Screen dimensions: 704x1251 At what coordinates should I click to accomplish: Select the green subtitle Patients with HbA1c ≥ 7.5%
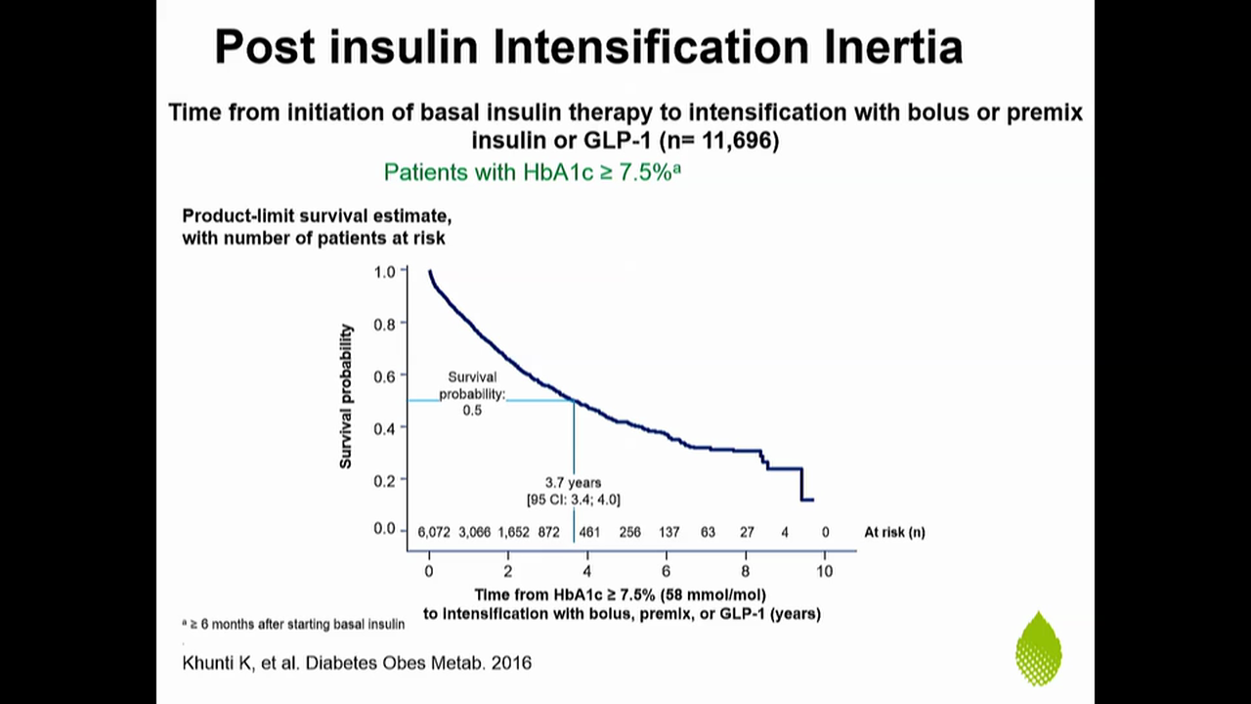click(532, 172)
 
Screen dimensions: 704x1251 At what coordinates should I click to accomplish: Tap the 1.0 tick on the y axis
click(384, 271)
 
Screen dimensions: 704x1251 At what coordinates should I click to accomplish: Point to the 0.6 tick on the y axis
click(384, 375)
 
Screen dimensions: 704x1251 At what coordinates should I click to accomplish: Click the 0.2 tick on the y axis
click(384, 480)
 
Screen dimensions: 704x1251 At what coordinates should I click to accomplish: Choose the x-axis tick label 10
click(824, 571)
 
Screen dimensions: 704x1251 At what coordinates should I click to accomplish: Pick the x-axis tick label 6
click(666, 571)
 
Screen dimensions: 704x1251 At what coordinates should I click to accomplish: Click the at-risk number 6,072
click(434, 533)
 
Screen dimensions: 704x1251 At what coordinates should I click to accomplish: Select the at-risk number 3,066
click(475, 533)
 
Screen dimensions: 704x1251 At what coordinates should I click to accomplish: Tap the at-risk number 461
click(589, 533)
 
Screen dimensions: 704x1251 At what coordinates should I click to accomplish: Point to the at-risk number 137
click(669, 533)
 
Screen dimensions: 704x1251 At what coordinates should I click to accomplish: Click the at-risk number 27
click(747, 533)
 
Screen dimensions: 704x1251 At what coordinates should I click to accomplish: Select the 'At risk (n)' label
click(894, 533)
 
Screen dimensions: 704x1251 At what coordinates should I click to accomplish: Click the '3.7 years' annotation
click(573, 483)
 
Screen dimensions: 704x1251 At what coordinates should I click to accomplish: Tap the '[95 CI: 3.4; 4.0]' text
click(573, 500)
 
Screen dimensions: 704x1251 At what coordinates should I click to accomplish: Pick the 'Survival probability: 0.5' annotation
click(472, 393)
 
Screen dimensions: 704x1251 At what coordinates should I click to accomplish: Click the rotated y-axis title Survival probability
click(346, 396)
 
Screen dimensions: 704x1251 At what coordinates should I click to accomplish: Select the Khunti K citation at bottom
click(357, 663)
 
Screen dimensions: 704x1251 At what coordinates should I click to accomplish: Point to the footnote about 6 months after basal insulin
click(293, 624)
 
